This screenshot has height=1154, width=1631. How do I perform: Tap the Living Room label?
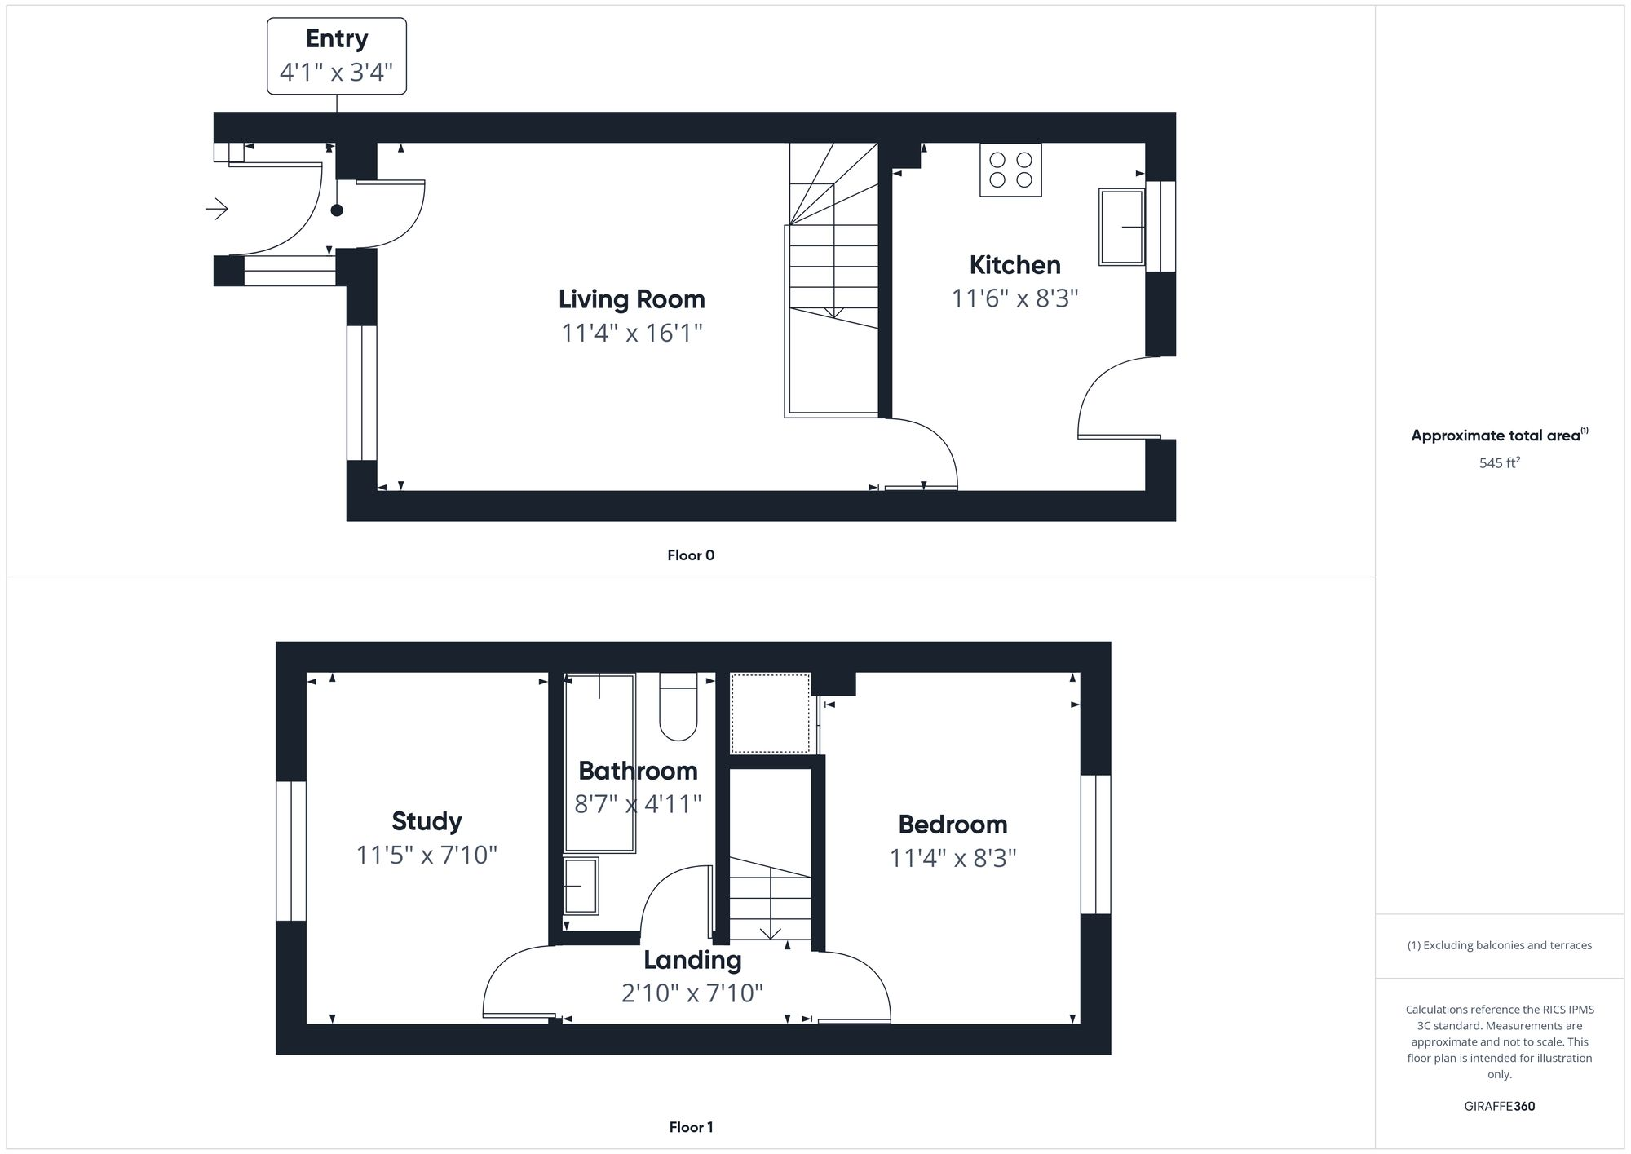click(x=631, y=299)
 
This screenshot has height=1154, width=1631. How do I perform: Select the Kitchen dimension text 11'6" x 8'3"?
click(x=1014, y=298)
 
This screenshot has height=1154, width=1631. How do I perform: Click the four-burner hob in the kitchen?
click(x=1010, y=170)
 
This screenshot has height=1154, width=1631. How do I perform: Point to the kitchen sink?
click(x=1121, y=227)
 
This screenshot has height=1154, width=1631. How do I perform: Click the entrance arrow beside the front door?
click(x=217, y=210)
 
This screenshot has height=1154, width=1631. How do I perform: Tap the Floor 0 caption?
click(x=690, y=555)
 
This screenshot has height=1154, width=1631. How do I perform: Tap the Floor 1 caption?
click(x=690, y=1127)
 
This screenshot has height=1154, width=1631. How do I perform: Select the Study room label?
click(x=427, y=821)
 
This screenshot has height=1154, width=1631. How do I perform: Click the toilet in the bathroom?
click(x=678, y=707)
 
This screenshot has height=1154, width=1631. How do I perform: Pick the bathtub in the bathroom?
click(x=599, y=763)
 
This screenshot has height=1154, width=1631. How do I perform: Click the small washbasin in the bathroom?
click(x=581, y=886)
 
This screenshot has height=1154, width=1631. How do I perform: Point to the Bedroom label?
click(x=953, y=825)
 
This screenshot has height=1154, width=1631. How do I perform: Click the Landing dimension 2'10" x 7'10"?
click(x=692, y=993)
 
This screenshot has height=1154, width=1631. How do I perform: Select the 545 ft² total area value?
click(x=1499, y=463)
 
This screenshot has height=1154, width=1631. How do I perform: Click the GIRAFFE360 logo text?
click(x=1499, y=1107)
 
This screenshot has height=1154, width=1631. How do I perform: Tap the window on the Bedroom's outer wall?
click(x=1095, y=844)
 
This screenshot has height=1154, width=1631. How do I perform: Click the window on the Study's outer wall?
click(x=291, y=851)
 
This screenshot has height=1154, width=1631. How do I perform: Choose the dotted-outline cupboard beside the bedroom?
click(x=770, y=713)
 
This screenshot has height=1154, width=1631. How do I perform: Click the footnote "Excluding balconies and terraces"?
click(x=1499, y=945)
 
